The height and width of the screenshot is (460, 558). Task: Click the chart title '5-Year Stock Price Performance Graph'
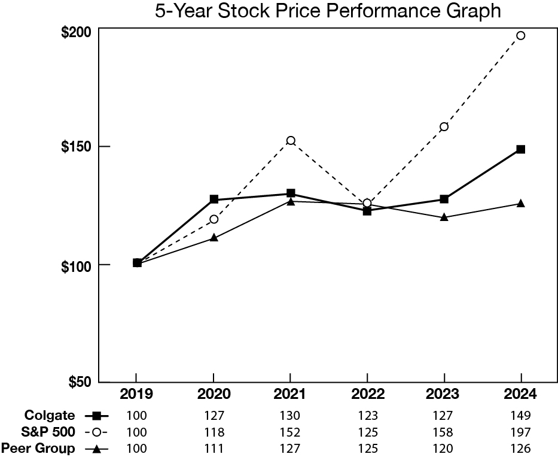tap(328, 11)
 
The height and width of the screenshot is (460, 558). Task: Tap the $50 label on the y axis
tap(78, 383)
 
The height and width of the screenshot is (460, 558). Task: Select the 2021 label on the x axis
tap(290, 394)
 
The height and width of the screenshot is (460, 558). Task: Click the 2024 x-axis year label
tap(520, 394)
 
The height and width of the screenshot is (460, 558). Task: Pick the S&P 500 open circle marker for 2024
tap(520, 35)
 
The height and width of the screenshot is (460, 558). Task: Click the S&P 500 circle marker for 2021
tap(291, 141)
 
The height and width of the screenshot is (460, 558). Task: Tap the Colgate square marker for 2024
tap(520, 149)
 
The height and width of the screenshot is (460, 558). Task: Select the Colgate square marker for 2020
tap(214, 199)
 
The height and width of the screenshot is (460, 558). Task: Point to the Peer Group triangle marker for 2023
tap(444, 217)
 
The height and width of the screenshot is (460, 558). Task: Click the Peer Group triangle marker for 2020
tap(214, 238)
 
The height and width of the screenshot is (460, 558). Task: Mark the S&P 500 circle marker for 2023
tap(444, 126)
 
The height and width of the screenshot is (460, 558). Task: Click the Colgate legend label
tap(50, 415)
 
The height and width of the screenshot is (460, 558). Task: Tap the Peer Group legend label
tap(39, 449)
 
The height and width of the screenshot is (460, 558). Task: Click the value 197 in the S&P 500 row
tap(520, 432)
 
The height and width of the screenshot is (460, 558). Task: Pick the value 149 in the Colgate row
tap(520, 415)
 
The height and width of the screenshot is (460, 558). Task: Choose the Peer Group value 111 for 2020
tap(214, 449)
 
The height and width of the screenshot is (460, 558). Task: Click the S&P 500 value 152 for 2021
tap(290, 432)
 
